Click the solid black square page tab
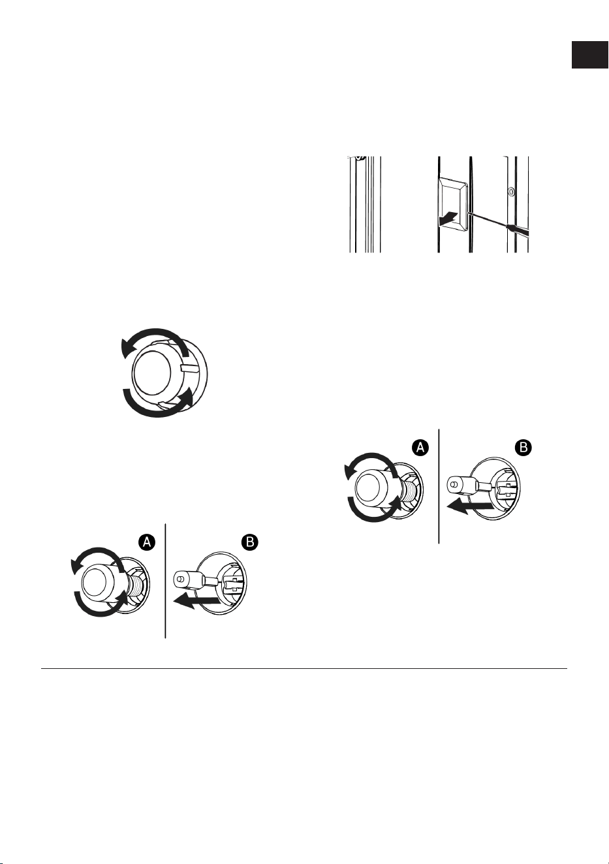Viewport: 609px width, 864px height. pos(589,54)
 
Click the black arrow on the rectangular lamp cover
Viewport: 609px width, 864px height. pos(448,219)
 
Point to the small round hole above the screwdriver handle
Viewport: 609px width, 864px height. pos(511,191)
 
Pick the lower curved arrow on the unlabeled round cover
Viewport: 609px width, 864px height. pos(155,412)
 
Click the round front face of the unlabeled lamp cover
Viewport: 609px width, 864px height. pos(152,373)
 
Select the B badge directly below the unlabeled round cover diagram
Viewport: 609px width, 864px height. pos(249,542)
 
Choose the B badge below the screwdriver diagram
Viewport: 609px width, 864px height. pos(523,448)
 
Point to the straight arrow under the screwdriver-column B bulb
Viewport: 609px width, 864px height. pos(470,506)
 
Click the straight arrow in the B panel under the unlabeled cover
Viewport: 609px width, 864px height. pos(197,601)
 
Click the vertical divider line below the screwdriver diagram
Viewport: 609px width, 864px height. pos(439,486)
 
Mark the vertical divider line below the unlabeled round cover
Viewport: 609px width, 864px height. pos(165,581)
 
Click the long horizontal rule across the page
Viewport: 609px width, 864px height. pos(304,668)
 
